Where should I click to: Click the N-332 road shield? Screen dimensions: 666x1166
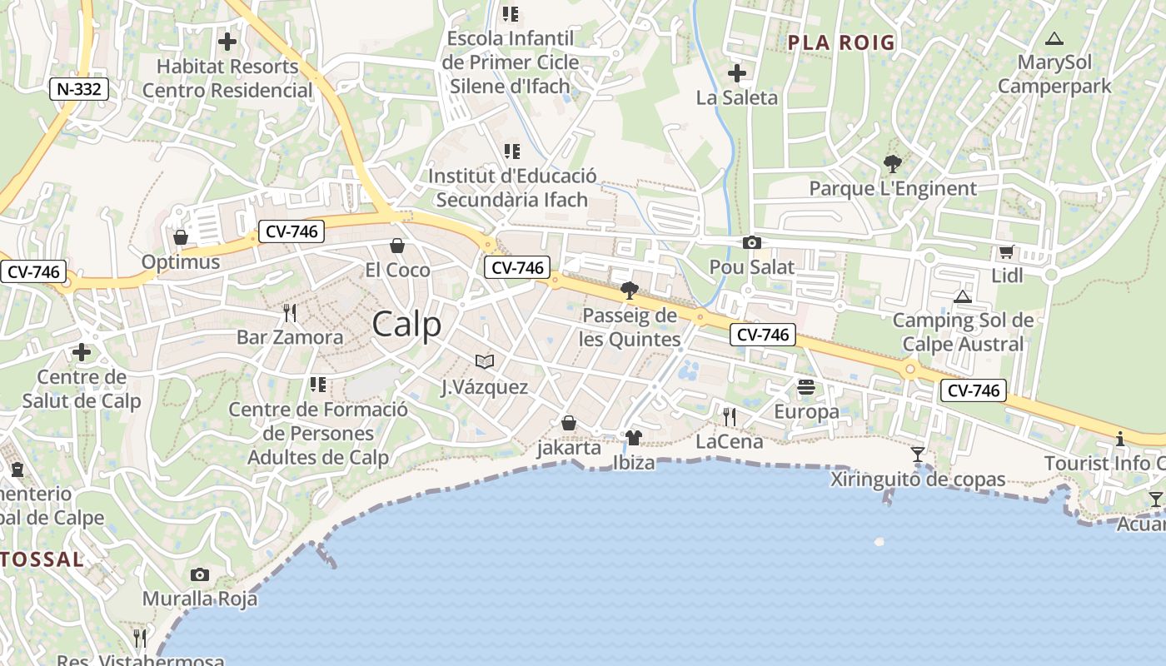(80, 89)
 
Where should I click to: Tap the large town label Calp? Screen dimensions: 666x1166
(406, 324)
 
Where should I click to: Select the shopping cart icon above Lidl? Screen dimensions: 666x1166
(1006, 251)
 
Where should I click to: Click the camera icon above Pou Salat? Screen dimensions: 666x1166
(751, 242)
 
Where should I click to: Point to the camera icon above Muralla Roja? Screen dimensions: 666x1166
(199, 574)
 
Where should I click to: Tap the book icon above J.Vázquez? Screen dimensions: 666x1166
(485, 361)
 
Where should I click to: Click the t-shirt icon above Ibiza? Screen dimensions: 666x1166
(633, 437)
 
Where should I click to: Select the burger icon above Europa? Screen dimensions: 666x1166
(805, 386)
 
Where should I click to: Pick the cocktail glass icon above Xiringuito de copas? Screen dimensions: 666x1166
(918, 454)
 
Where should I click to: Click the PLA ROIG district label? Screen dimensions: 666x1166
(841, 42)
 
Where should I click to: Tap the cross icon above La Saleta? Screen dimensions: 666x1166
(736, 73)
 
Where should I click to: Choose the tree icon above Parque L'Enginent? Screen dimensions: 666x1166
(892, 164)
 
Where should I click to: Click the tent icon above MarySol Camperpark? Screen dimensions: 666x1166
(1054, 38)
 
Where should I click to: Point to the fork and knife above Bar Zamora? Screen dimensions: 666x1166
(290, 313)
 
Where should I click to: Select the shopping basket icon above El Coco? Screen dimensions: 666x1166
(397, 246)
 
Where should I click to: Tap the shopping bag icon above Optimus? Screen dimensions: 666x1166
(180, 237)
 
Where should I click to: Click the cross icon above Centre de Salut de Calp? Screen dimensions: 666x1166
(82, 352)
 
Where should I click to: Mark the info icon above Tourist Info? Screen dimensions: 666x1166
(1120, 439)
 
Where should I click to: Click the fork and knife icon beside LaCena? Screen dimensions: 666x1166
(730, 416)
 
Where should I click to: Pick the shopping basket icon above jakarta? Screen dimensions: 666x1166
(569, 423)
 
